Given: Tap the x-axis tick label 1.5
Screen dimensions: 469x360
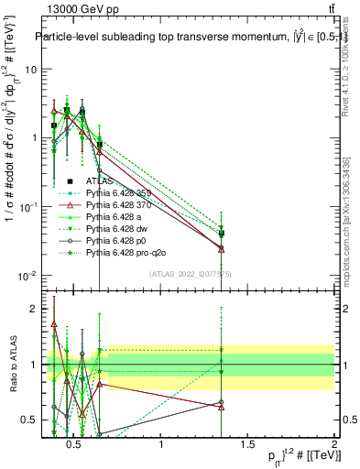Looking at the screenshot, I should point(248,445).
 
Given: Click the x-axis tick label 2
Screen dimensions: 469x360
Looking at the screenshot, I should point(334,445).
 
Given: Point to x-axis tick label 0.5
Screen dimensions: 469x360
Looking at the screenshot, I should point(77,445).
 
